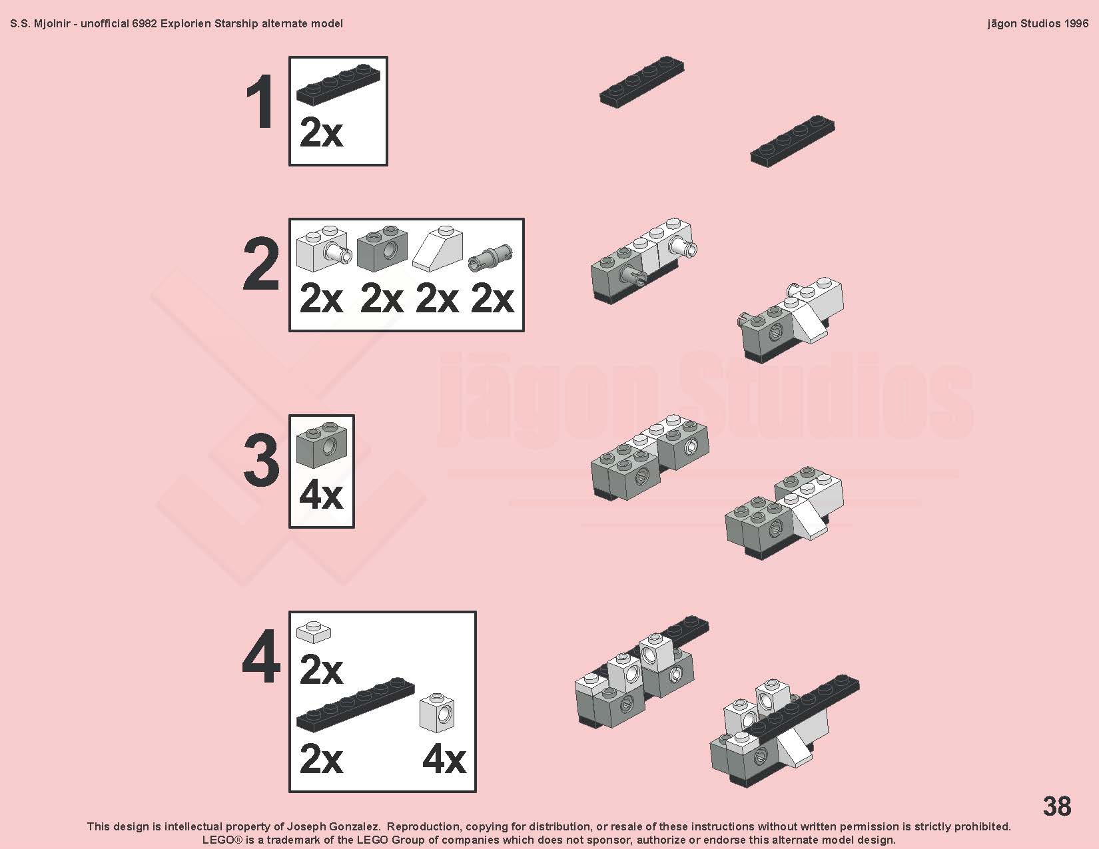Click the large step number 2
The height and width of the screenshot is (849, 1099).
click(x=261, y=264)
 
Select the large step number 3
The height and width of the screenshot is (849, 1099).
click(x=261, y=461)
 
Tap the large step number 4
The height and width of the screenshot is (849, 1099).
click(x=261, y=657)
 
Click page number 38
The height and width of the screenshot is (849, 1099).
click(x=1056, y=806)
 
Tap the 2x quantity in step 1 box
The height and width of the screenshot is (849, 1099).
click(x=321, y=133)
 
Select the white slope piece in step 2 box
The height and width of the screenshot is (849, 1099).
click(x=438, y=249)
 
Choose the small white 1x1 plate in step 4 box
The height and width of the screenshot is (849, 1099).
click(x=314, y=632)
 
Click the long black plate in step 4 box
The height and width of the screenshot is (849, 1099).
click(x=356, y=705)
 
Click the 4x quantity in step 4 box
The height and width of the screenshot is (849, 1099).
click(x=444, y=760)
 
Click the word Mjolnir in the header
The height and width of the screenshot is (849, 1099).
click(x=52, y=24)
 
